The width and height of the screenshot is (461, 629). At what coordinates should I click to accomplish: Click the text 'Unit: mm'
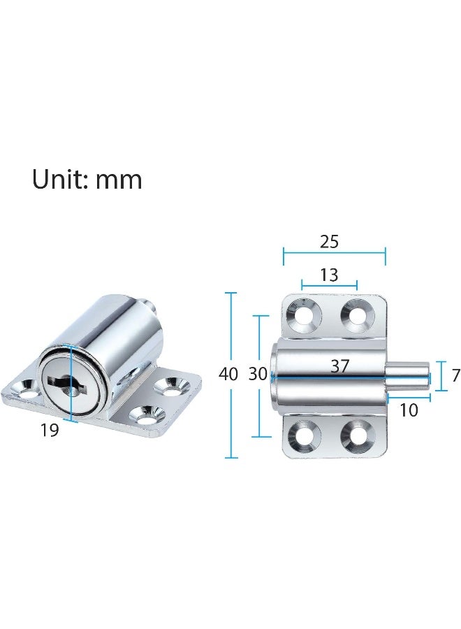tap(87, 180)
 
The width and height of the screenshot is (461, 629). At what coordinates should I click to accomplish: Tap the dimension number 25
tap(329, 242)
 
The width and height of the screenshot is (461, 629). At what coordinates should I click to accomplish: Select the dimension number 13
tap(329, 275)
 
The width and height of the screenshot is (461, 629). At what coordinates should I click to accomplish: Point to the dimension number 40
tap(228, 374)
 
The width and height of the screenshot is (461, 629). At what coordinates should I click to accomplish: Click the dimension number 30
tap(258, 374)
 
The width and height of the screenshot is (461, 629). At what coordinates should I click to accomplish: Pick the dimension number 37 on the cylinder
tap(339, 366)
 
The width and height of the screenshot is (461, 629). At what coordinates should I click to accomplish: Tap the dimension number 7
tap(455, 375)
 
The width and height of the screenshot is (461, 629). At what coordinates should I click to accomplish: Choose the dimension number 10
tap(409, 410)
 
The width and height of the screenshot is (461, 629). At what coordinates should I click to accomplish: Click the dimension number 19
tap(49, 431)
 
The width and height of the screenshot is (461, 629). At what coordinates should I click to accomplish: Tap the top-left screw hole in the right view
tap(305, 316)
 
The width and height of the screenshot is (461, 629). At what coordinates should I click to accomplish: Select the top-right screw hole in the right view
tap(356, 316)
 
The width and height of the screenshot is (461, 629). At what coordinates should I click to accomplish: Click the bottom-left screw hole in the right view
tap(305, 435)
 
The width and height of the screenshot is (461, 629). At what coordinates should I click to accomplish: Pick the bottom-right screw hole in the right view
tap(356, 435)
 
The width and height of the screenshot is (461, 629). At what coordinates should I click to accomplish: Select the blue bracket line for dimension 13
tap(329, 285)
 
